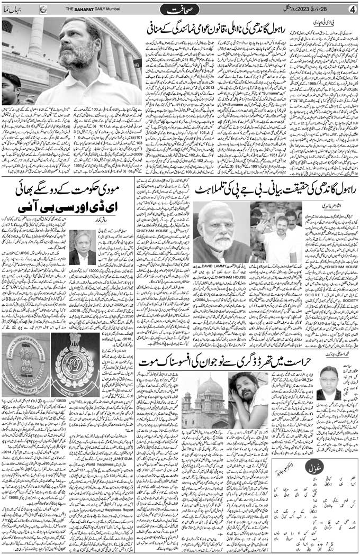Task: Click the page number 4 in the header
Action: coord(351,9)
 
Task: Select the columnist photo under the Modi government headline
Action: coord(82,248)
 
